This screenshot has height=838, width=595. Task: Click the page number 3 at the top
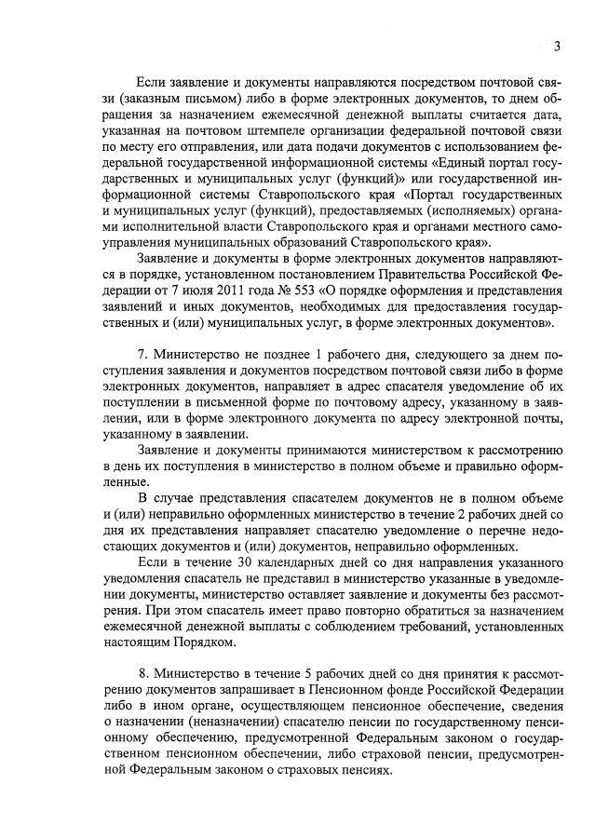click(x=556, y=47)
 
